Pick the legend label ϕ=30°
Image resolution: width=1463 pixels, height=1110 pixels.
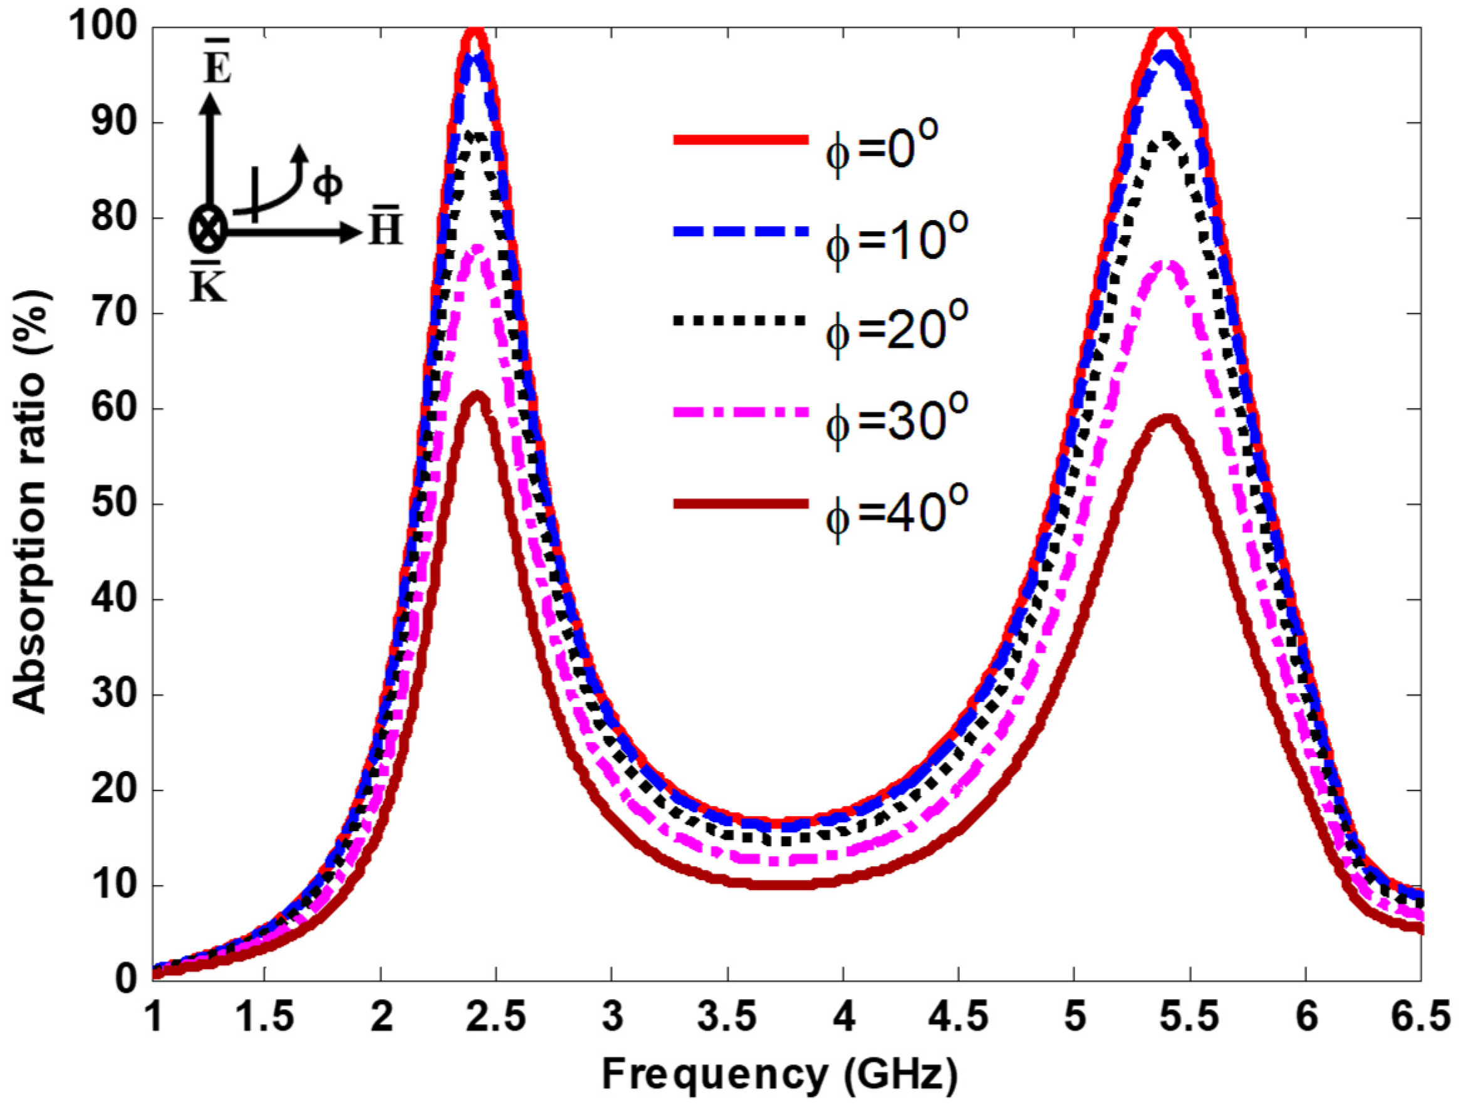(x=896, y=418)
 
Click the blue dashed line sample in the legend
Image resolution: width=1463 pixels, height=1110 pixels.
(x=741, y=231)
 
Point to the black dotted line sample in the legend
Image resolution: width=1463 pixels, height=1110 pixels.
(x=741, y=321)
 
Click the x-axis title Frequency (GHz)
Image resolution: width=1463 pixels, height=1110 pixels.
(x=780, y=1074)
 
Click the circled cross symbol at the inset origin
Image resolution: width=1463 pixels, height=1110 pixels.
(x=209, y=229)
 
